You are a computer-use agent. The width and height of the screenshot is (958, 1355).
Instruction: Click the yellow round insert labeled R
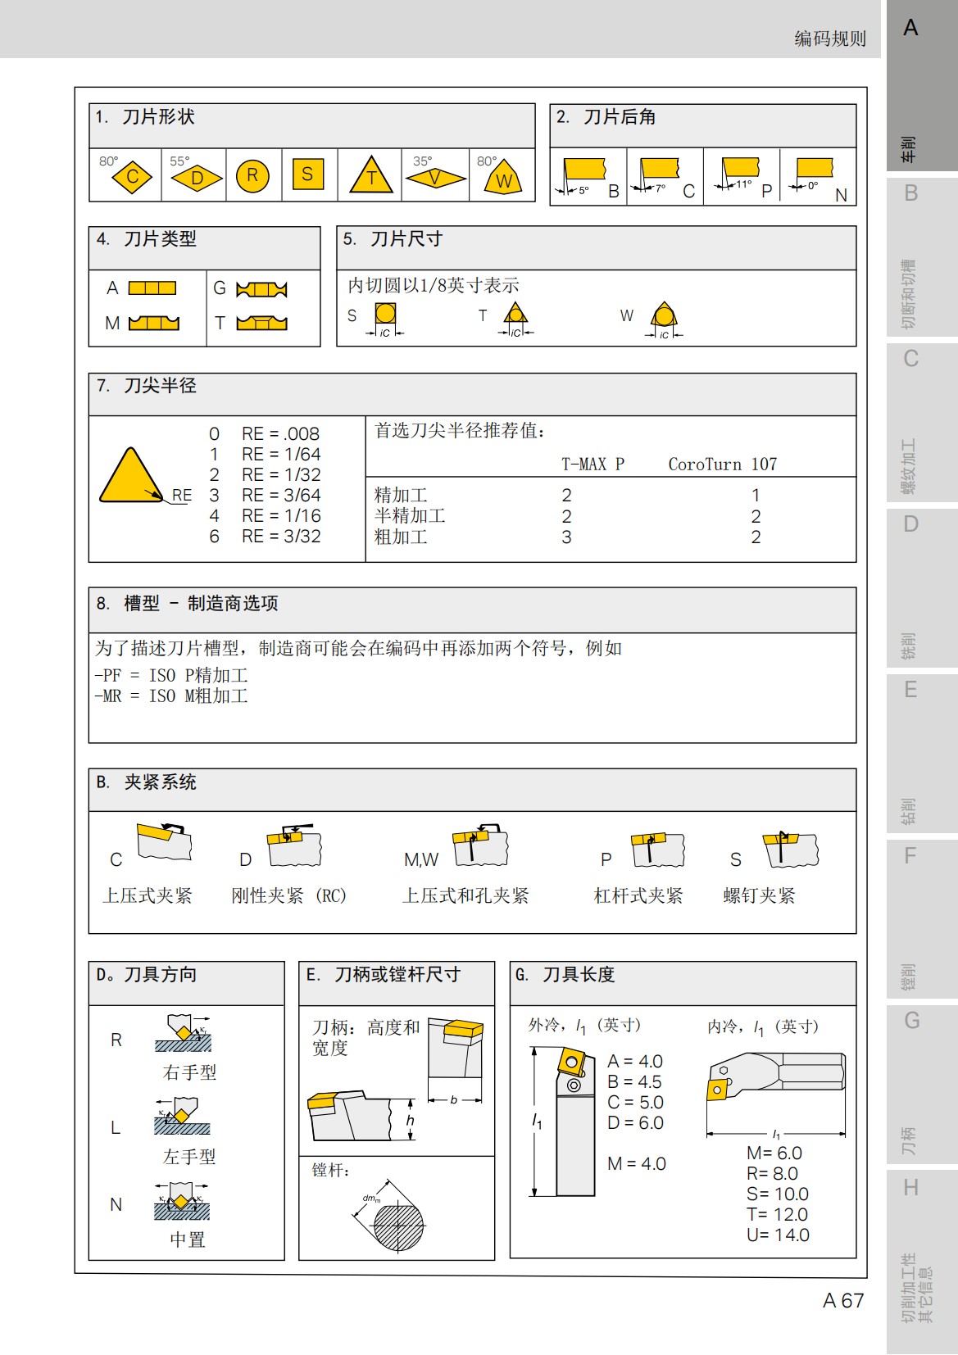pyautogui.click(x=252, y=175)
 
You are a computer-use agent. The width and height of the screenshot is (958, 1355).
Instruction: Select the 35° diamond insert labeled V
pyautogui.click(x=435, y=177)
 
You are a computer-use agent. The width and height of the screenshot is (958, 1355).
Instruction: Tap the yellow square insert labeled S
pyautogui.click(x=307, y=174)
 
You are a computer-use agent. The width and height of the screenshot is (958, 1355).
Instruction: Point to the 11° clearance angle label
pyautogui.click(x=743, y=184)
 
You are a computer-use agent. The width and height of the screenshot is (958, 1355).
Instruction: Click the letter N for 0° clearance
pyautogui.click(x=841, y=195)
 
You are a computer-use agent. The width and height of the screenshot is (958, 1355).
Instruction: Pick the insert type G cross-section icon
pyautogui.click(x=261, y=289)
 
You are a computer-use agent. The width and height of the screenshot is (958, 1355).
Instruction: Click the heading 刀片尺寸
pyautogui.click(x=406, y=239)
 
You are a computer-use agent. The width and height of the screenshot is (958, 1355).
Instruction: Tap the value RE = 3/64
pyautogui.click(x=281, y=496)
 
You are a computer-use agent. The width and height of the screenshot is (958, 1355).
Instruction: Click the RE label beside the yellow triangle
pyautogui.click(x=182, y=496)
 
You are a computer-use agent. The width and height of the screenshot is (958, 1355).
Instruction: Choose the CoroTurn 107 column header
pyautogui.click(x=722, y=465)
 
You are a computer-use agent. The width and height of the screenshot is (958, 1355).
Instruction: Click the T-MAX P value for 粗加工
pyautogui.click(x=566, y=537)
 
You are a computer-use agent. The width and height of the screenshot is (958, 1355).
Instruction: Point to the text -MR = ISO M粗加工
pyautogui.click(x=171, y=696)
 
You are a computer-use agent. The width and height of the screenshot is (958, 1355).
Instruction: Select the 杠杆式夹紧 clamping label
pyautogui.click(x=638, y=896)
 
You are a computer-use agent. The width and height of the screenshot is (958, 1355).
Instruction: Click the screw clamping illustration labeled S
pyautogui.click(x=791, y=850)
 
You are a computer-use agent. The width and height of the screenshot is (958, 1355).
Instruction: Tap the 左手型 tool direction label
pyautogui.click(x=189, y=1157)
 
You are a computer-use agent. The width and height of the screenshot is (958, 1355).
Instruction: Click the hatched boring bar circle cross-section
pyautogui.click(x=400, y=1226)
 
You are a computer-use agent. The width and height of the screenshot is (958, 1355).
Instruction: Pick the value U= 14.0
pyautogui.click(x=778, y=1235)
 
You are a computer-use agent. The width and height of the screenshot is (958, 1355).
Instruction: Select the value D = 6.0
pyautogui.click(x=635, y=1123)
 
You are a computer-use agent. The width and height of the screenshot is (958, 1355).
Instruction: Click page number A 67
pyautogui.click(x=843, y=1301)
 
